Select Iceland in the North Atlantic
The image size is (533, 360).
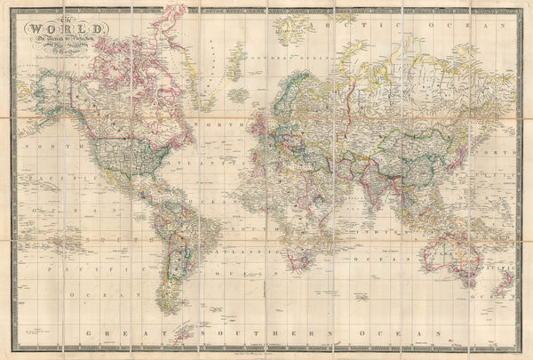[238, 93]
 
